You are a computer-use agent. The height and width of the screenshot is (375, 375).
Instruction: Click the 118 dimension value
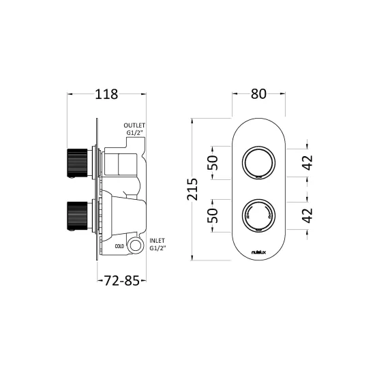(x=106, y=94)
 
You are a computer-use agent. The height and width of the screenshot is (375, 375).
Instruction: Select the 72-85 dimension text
(x=121, y=280)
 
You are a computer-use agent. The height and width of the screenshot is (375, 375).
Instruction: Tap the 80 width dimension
(x=258, y=94)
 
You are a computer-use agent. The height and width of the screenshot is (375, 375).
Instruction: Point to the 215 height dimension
(x=192, y=189)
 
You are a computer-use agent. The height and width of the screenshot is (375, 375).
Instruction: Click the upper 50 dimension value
(x=213, y=163)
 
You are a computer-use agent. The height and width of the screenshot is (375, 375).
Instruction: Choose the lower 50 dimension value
(x=213, y=215)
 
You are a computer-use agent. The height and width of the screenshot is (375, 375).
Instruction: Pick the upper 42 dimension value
(x=308, y=163)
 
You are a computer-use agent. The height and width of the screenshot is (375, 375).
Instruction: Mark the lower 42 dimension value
(x=308, y=215)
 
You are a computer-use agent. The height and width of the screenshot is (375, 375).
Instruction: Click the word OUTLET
(x=134, y=125)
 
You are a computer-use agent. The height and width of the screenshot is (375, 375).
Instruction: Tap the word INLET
(x=157, y=241)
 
